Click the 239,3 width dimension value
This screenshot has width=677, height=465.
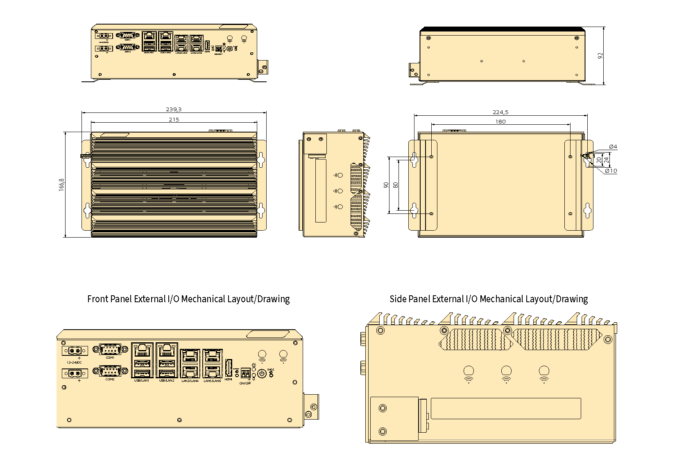click(x=174, y=109)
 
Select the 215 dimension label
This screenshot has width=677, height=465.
click(x=174, y=119)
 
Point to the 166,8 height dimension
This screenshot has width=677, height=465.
click(x=61, y=184)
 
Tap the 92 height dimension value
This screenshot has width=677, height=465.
click(x=600, y=56)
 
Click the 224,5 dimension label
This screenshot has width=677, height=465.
click(x=500, y=112)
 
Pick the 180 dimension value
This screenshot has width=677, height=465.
click(x=500, y=121)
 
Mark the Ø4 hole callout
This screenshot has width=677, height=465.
click(x=613, y=146)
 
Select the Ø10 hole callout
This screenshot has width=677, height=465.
click(x=611, y=171)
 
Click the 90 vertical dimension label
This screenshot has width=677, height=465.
click(x=386, y=185)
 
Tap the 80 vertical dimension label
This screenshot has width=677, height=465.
click(x=395, y=185)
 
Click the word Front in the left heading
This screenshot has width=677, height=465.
click(x=98, y=299)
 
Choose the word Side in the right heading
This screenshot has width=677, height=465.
click(x=398, y=299)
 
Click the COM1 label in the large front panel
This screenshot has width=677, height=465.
click(x=110, y=357)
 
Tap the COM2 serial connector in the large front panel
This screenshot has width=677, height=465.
click(x=110, y=371)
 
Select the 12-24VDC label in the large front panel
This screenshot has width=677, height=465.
click(x=74, y=362)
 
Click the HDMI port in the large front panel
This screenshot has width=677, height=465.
click(x=229, y=368)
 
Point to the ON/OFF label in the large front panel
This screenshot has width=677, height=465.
click(x=245, y=383)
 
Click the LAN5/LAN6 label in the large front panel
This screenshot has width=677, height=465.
click(x=212, y=381)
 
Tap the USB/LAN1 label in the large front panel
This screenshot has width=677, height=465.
click(x=142, y=381)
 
